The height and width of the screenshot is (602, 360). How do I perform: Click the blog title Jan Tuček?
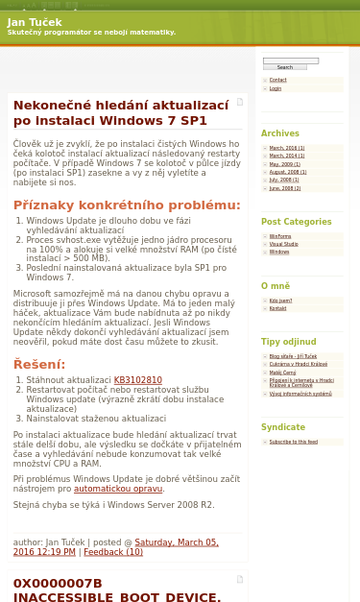(35, 22)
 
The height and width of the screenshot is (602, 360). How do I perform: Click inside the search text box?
(290, 60)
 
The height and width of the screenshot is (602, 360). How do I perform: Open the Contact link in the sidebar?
(277, 80)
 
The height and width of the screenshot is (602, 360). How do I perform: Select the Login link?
(276, 88)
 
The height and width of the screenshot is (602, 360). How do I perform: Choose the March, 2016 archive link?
(286, 148)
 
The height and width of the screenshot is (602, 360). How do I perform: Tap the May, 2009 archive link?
(284, 164)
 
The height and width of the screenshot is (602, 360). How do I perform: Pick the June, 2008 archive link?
(284, 188)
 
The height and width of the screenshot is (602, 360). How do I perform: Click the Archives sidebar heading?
(280, 133)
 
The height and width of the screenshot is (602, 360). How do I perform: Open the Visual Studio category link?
(283, 244)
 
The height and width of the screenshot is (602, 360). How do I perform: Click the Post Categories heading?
(296, 222)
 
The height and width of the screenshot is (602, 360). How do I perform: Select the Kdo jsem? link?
(280, 301)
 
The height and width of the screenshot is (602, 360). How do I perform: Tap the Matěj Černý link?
(282, 372)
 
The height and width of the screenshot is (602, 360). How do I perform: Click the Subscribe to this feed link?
(293, 442)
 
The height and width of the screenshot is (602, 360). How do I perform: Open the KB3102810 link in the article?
(137, 380)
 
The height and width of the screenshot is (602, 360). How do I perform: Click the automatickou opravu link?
(118, 489)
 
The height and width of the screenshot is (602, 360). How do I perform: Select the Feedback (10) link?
(113, 552)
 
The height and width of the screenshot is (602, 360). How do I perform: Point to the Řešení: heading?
(38, 365)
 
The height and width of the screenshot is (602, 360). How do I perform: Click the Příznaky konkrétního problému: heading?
(127, 205)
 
